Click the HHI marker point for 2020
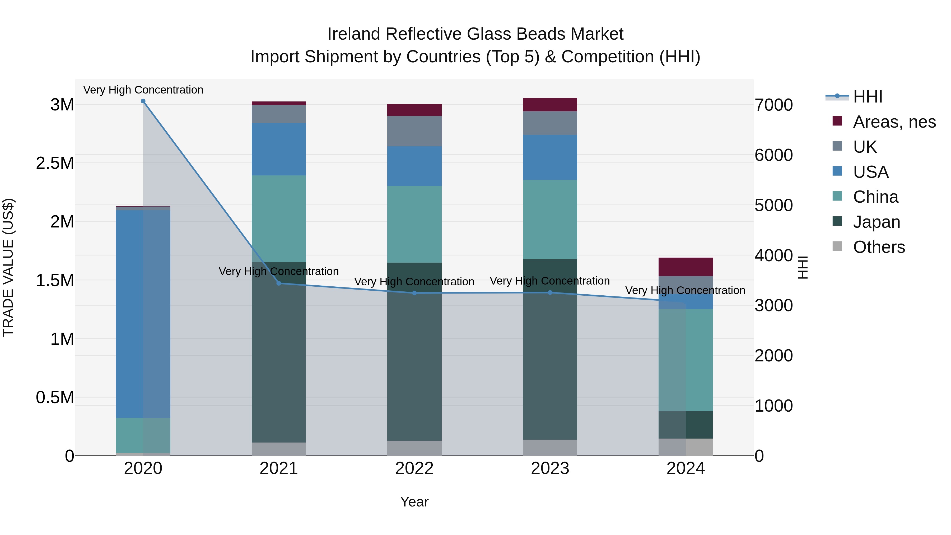pos(143,101)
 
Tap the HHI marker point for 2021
pos(279,283)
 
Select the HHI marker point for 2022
pos(414,293)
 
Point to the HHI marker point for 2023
pos(550,292)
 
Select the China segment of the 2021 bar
pos(279,218)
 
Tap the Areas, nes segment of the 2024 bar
pos(686,267)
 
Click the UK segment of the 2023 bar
pos(550,123)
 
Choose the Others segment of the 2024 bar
pos(686,447)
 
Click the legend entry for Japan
pos(877,222)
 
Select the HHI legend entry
pos(868,97)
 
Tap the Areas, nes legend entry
pos(894,122)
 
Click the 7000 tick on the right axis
pos(773,105)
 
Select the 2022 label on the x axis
pos(414,468)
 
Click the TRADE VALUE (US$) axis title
pos(8,267)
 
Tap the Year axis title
pos(414,502)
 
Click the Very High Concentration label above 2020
pos(143,90)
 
